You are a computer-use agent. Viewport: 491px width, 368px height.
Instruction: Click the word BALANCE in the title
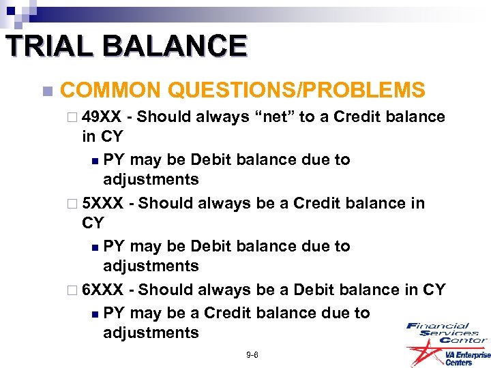[179, 46]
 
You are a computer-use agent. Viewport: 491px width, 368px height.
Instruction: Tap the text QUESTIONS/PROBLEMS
[296, 89]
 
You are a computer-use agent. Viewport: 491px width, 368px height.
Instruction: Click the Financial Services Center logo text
[446, 333]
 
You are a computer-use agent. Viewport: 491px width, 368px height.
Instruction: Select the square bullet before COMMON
[46, 91]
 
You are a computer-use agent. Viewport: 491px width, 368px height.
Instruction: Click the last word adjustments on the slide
[151, 333]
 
